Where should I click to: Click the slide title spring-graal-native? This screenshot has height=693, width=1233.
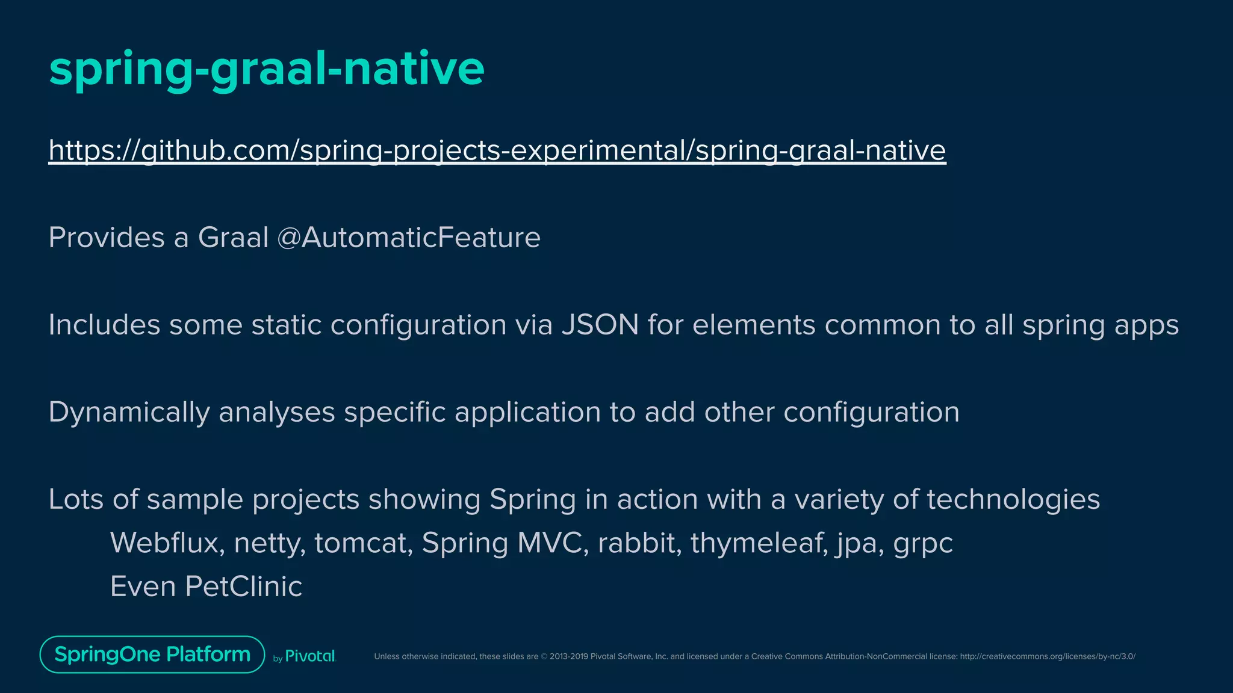point(266,69)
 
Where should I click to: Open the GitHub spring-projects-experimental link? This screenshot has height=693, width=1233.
point(497,150)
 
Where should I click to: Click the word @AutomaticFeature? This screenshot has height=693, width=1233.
point(409,238)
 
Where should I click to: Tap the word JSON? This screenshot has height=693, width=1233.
point(600,325)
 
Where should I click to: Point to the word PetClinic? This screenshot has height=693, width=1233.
point(243,587)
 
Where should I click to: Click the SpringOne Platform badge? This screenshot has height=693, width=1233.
point(152,654)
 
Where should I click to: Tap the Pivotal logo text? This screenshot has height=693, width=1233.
point(309,656)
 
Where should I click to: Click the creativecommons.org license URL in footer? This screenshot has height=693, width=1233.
point(1047,656)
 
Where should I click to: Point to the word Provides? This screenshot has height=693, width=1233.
point(106,238)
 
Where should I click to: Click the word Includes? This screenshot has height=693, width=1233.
point(104,325)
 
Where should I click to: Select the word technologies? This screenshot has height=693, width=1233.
point(1013,500)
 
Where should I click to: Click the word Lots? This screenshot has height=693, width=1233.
point(76,499)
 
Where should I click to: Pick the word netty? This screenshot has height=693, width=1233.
point(269,543)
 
